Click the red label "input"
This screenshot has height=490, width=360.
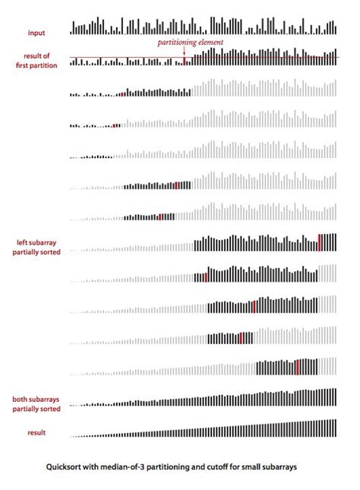[36, 32]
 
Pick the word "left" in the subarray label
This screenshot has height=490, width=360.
[23, 243]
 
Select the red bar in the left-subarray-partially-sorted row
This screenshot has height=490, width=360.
[320, 242]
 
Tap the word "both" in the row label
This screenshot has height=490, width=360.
[20, 398]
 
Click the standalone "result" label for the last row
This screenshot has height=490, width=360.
[36, 432]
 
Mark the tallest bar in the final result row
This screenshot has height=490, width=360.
[335, 428]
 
